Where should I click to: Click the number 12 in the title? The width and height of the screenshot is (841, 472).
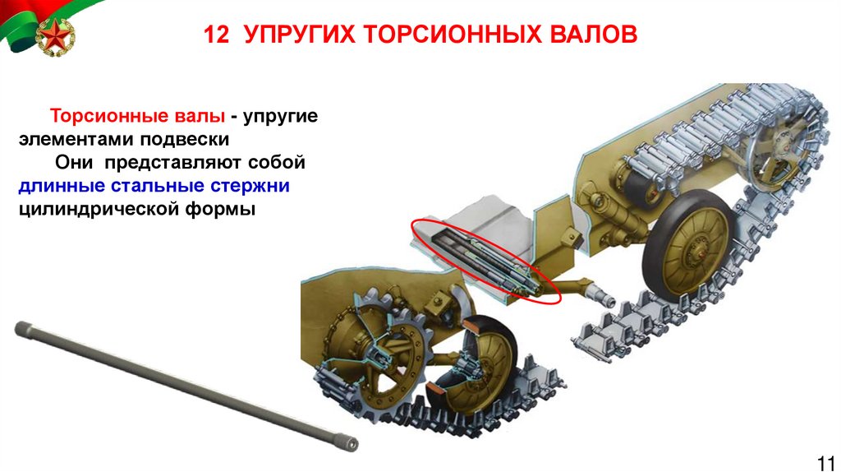(216, 35)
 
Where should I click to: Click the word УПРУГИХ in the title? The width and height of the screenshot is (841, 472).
(299, 35)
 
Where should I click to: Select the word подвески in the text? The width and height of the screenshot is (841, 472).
(185, 139)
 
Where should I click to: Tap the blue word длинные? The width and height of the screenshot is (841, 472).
(62, 185)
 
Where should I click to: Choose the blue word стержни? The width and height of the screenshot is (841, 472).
(250, 186)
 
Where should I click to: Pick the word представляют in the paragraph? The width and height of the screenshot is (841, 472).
(173, 163)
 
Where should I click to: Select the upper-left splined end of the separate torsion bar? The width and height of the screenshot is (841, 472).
(22, 327)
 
